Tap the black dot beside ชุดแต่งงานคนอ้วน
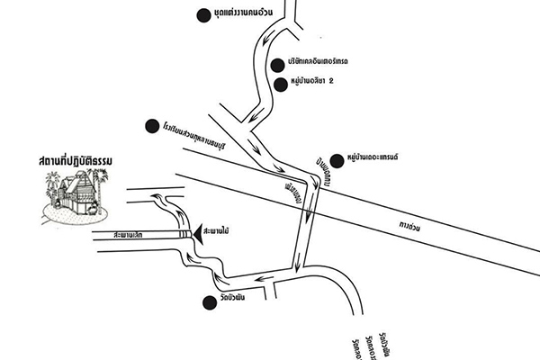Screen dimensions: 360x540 [x=202, y=13]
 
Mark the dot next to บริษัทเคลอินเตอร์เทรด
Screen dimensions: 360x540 [x=278, y=65]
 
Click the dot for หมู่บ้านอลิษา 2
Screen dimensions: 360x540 [x=279, y=83]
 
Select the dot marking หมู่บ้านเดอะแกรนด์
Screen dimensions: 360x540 [x=337, y=157]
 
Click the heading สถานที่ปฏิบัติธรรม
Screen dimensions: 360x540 [x=80, y=162]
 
